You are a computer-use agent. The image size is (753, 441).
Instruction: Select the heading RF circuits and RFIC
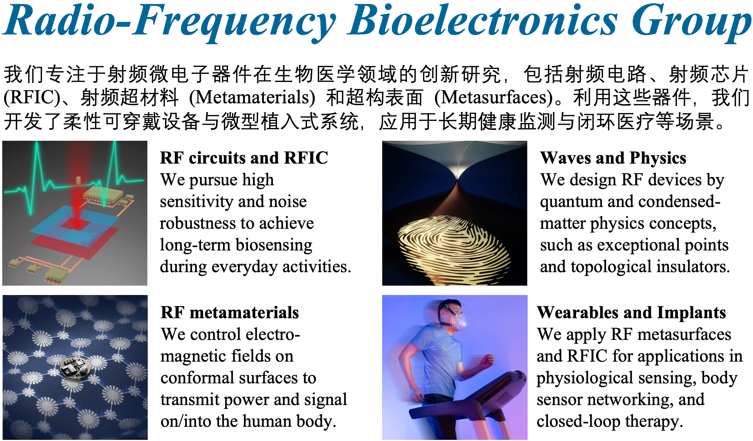point(244,158)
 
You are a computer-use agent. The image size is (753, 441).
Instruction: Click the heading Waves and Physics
point(613,158)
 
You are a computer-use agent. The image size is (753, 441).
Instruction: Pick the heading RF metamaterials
point(230,312)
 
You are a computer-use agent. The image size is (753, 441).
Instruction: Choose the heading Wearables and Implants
point(631,313)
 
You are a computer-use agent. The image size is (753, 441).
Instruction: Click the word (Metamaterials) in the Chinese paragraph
point(252,98)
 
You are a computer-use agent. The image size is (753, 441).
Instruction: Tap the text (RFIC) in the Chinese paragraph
point(32,98)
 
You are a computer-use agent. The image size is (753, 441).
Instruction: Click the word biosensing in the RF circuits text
point(274,245)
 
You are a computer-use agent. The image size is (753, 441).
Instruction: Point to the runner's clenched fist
point(487,362)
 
